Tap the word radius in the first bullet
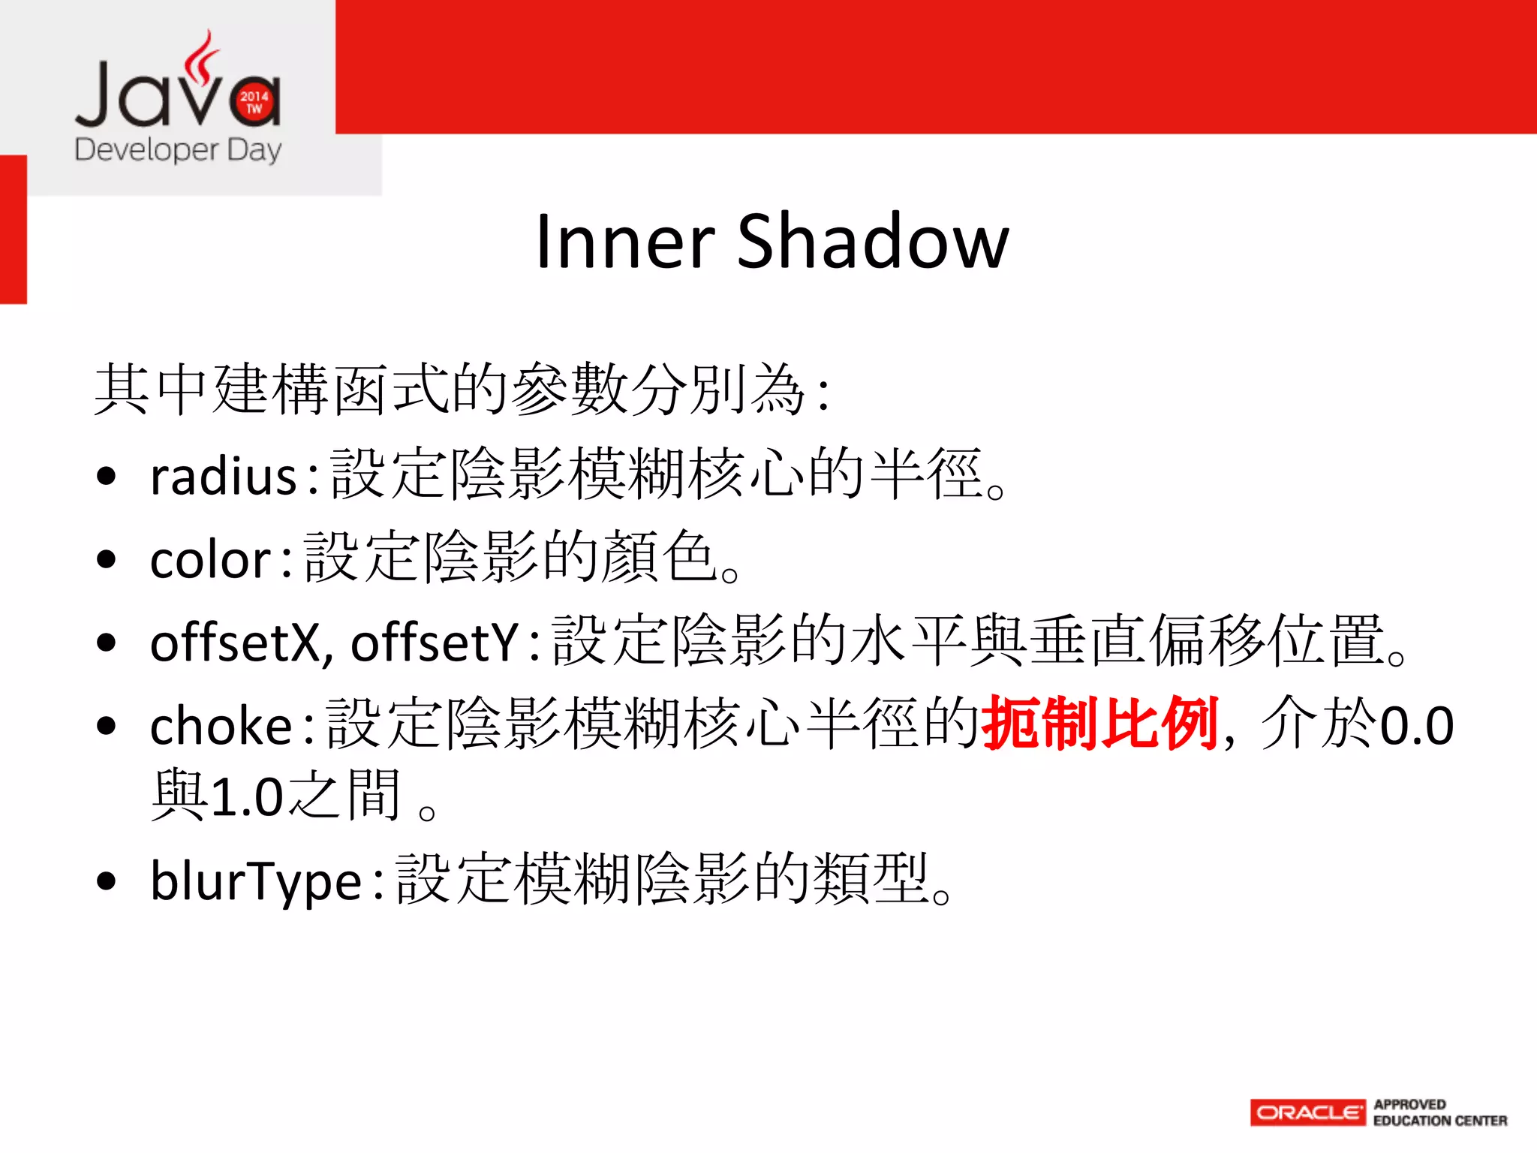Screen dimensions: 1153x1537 pos(224,477)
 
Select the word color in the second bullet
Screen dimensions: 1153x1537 pos(210,561)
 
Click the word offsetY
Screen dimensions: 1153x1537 pos(435,643)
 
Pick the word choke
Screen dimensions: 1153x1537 pos(221,727)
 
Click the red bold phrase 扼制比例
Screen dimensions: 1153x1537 pos(1099,724)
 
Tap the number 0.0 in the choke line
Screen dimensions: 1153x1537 pos(1417,727)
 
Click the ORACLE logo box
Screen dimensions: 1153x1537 pos(1307,1112)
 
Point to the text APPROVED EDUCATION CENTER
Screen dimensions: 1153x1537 pos(1439,1112)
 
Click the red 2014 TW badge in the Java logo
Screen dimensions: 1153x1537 pos(254,102)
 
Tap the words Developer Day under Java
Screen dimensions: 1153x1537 pos(178,149)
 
